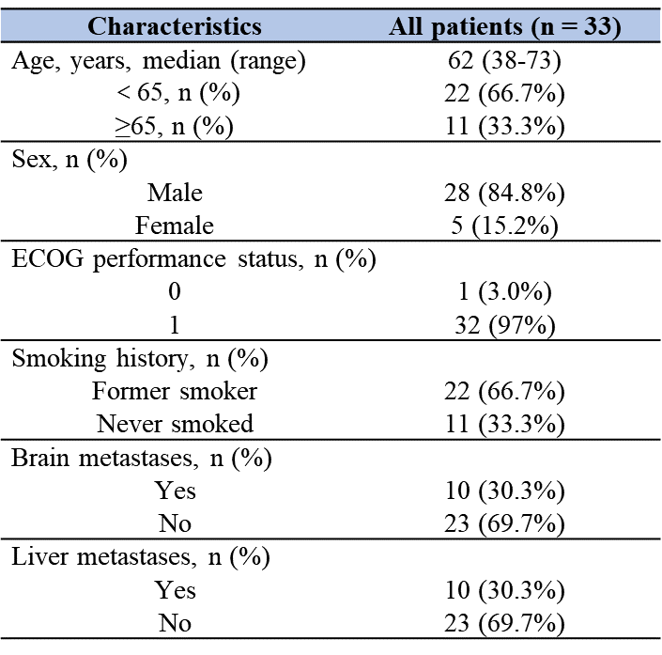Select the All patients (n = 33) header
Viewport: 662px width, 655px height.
(505, 27)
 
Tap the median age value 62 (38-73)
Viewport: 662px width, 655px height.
(505, 63)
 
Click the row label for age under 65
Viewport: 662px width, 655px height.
(175, 94)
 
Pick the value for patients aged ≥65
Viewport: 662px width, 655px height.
(505, 125)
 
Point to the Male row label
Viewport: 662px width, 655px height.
(175, 193)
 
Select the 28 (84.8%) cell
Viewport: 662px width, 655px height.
(505, 193)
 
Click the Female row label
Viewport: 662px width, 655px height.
(175, 226)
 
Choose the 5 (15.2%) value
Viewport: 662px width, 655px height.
(505, 226)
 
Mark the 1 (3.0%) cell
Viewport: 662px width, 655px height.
(505, 292)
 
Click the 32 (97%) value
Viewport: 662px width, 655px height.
(505, 324)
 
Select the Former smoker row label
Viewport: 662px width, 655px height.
(175, 391)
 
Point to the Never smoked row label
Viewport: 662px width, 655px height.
(175, 424)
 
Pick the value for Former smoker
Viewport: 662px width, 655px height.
(505, 391)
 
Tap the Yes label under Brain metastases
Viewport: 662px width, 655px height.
(175, 491)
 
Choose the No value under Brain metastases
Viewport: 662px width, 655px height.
(505, 523)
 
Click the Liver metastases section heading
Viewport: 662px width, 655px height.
(141, 557)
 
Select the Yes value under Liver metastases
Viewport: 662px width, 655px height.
(505, 590)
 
